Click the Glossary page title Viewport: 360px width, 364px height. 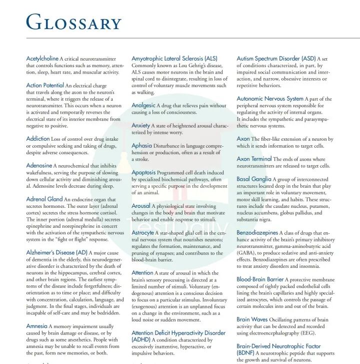(73, 22)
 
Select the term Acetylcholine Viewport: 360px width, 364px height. (42, 59)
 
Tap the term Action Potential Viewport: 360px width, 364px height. (45, 86)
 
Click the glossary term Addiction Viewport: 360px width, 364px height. (38, 139)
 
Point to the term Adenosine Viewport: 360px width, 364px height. (39, 165)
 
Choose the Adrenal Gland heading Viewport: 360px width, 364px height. (44, 199)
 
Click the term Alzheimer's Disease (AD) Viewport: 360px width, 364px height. (56, 253)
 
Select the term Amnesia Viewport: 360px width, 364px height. (36, 326)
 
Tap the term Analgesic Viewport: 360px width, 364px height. (143, 106)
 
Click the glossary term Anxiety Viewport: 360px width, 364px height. (141, 126)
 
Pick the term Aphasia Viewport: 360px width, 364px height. (142, 146)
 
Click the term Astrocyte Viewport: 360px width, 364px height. (143, 233)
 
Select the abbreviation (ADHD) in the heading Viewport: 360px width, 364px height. (142, 340)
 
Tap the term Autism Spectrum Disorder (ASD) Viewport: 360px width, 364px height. (276, 59)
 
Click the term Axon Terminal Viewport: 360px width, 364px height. (254, 159)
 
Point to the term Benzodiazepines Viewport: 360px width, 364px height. (257, 233)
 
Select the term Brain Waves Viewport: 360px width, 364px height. (252, 319)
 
